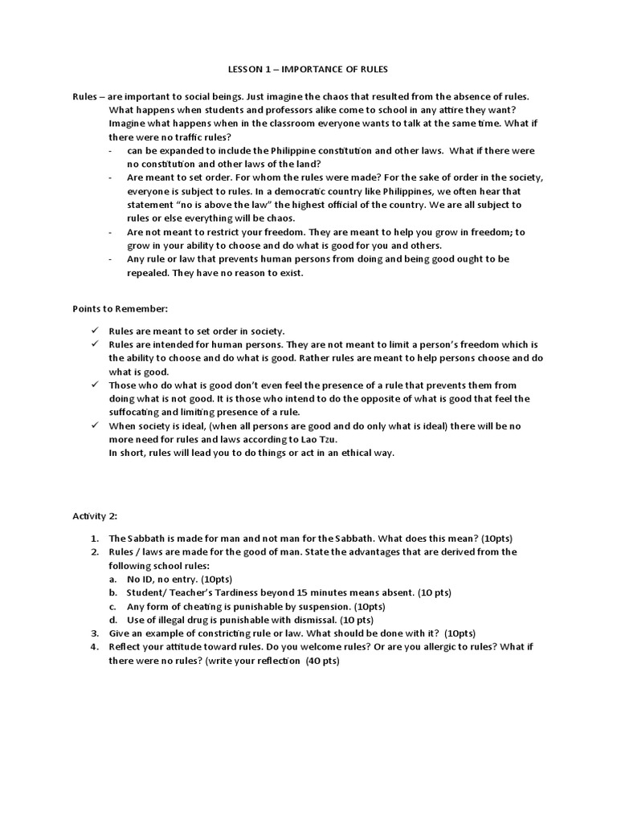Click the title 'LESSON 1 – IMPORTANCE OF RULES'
click(x=308, y=69)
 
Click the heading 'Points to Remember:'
click(x=120, y=308)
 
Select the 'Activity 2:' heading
click(x=95, y=515)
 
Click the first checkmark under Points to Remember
click(x=94, y=330)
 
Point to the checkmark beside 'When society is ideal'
click(x=94, y=425)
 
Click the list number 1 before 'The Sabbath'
click(x=94, y=538)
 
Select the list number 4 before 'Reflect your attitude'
click(x=94, y=646)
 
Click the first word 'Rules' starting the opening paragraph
click(x=84, y=96)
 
